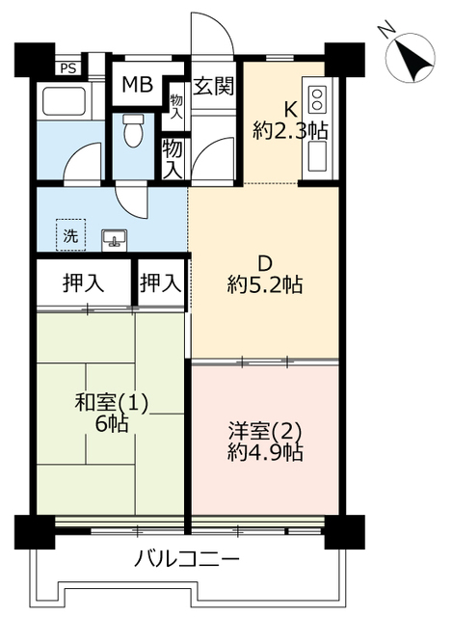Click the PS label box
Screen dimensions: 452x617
click(x=67, y=68)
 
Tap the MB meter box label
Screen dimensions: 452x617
click(x=137, y=84)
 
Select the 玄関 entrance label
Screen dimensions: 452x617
click(x=214, y=86)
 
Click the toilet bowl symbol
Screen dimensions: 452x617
click(x=133, y=130)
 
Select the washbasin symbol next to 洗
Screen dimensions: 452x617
click(x=114, y=239)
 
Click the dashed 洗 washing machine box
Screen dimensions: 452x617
click(x=70, y=235)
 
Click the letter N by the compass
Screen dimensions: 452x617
click(x=386, y=31)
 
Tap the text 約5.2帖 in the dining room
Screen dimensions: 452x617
click(x=265, y=284)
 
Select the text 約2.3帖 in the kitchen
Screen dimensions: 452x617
click(x=290, y=130)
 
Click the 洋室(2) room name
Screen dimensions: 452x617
click(x=265, y=431)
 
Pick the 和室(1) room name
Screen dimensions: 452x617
click(x=112, y=403)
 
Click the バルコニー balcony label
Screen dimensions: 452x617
click(x=187, y=559)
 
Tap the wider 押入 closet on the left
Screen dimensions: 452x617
click(x=84, y=282)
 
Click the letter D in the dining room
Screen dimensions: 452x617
click(x=265, y=263)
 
